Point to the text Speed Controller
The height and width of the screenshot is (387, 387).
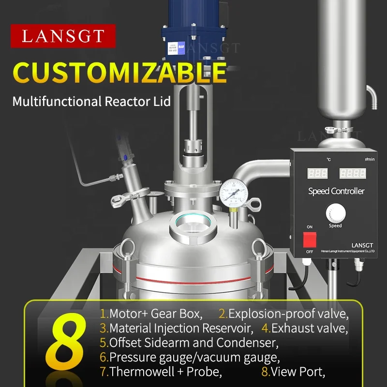click(336, 191)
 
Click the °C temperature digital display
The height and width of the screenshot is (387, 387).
click(317, 173)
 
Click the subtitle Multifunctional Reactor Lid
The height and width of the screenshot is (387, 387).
click(91, 102)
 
